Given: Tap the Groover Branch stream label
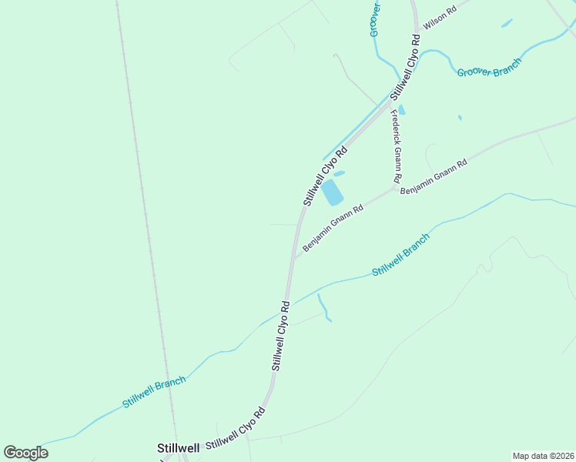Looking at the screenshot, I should tap(490, 68).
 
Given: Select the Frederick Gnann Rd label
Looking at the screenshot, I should tap(395, 146).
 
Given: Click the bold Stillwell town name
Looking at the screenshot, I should tap(178, 447).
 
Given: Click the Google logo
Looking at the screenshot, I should tap(26, 453).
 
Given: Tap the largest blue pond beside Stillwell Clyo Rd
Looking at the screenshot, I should tap(332, 192).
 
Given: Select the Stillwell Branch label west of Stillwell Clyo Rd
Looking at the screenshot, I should tap(154, 393).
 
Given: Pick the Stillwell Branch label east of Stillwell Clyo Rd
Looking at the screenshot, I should tap(400, 255).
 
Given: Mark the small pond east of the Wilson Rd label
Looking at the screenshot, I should tap(506, 23).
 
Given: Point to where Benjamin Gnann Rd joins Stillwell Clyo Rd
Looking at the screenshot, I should tap(293, 258).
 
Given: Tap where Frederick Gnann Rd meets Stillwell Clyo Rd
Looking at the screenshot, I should tap(390, 102).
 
